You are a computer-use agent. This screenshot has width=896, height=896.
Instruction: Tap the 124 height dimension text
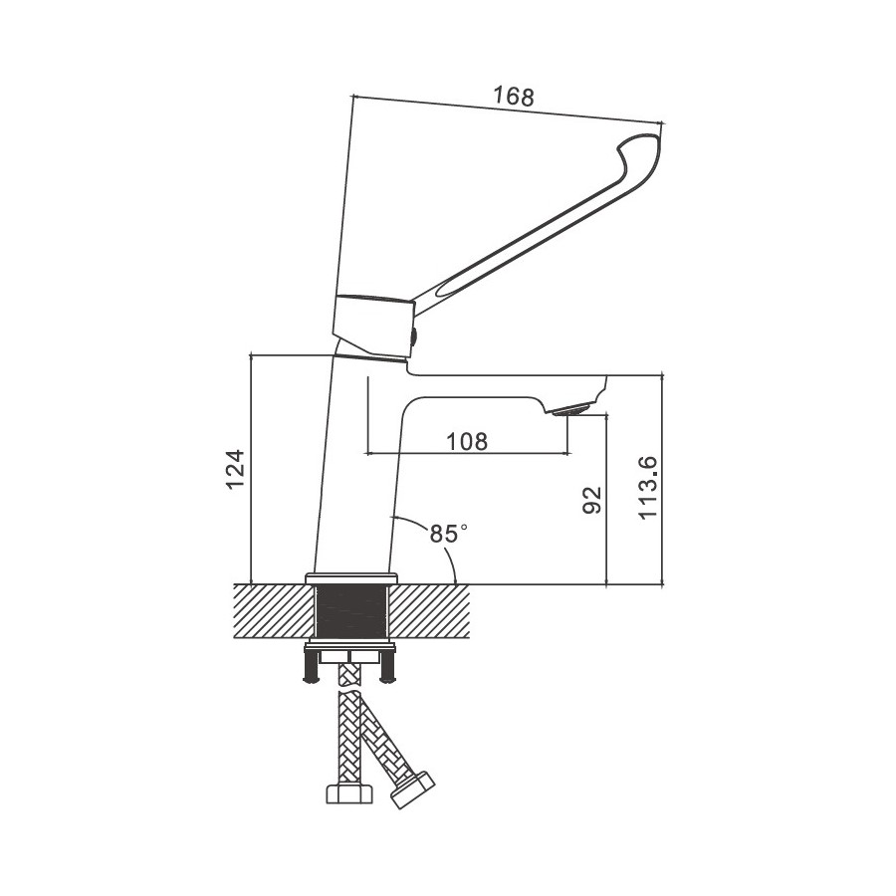[236, 469]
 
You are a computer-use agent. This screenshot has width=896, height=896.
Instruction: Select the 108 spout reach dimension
[467, 441]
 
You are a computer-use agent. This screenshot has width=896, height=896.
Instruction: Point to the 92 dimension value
[592, 500]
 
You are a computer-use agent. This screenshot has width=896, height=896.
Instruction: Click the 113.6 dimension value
[648, 488]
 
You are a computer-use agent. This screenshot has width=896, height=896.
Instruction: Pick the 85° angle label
[449, 534]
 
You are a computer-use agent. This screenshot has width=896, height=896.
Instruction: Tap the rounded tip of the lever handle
[643, 148]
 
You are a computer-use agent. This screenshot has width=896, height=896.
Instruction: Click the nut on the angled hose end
[412, 789]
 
